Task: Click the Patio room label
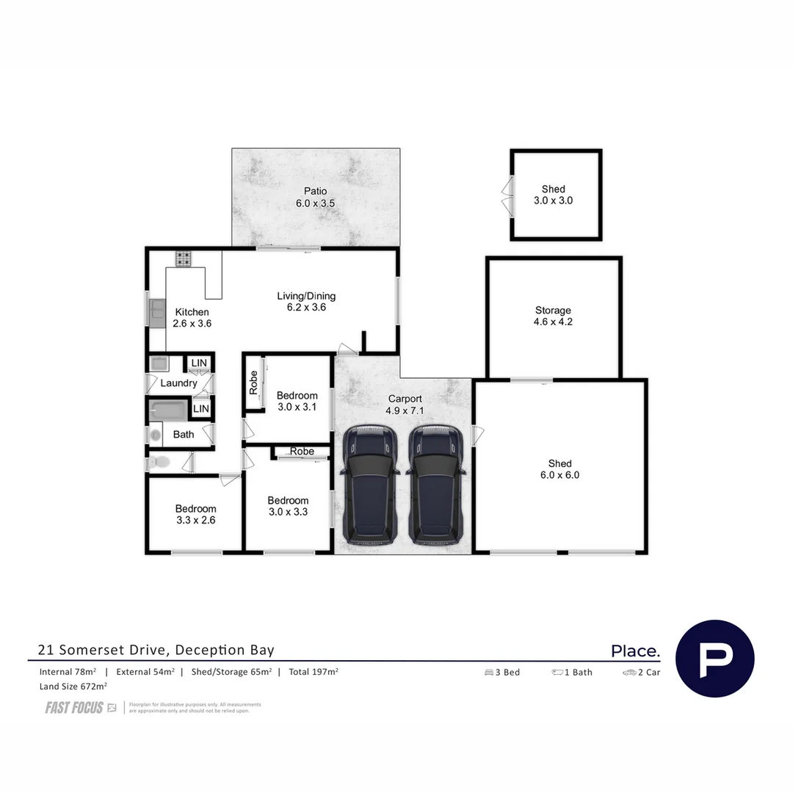click(315, 197)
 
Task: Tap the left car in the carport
click(370, 485)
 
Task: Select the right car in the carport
click(435, 485)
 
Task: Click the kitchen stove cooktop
click(183, 258)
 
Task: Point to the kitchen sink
click(157, 313)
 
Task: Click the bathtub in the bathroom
click(168, 410)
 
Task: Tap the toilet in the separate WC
click(159, 462)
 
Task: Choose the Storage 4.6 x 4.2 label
click(553, 316)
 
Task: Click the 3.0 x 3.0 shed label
click(554, 195)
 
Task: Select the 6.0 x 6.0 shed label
click(560, 469)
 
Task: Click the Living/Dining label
click(306, 302)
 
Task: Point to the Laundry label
click(178, 383)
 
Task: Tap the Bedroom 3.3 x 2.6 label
click(195, 514)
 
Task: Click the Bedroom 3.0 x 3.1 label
click(297, 401)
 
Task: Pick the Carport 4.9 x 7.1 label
click(405, 405)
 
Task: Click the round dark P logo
click(714, 659)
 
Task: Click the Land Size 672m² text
click(73, 687)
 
